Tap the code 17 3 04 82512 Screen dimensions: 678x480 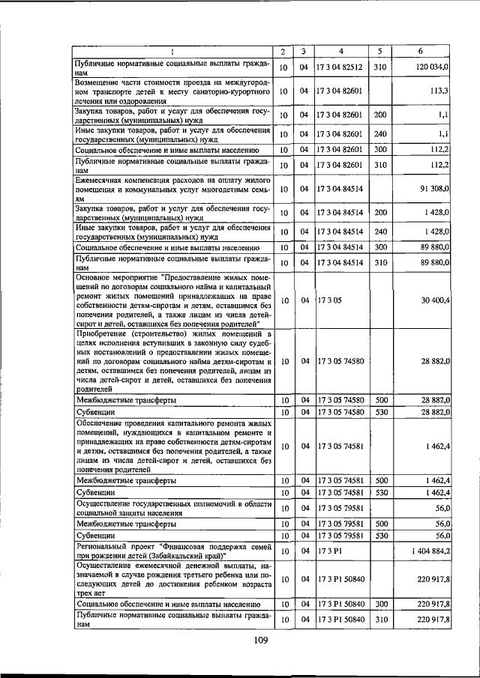[x=340, y=67]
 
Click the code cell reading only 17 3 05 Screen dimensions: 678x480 [x=328, y=300]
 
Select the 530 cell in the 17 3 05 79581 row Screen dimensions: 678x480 [x=380, y=536]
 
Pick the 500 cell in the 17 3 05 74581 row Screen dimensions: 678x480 [x=380, y=479]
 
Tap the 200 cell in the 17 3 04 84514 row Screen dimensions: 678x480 [x=380, y=213]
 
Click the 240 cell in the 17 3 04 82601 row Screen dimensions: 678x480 [x=380, y=133]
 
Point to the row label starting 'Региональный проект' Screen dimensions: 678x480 [x=172, y=551]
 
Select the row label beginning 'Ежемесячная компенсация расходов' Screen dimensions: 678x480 [x=172, y=190]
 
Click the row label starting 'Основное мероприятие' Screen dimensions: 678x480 [x=172, y=300]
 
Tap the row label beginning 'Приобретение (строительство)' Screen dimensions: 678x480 [x=172, y=360]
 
